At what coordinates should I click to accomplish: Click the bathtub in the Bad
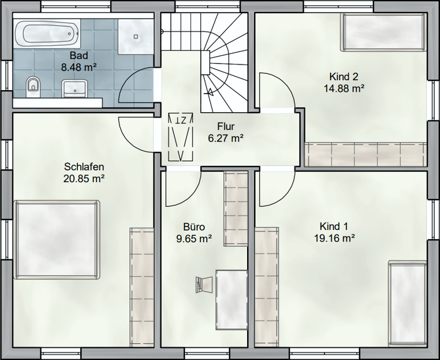tap(47, 34)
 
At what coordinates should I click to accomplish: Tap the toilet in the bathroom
tap(33, 87)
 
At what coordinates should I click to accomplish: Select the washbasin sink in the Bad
tap(74, 88)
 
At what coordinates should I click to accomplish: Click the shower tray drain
tap(136, 36)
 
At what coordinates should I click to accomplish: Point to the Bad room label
tap(79, 55)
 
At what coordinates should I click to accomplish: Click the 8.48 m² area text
tap(79, 68)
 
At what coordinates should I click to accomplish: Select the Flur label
tap(226, 127)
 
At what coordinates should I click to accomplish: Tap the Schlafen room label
tap(84, 166)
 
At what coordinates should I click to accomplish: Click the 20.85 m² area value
tap(84, 179)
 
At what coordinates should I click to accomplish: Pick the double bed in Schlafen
tap(57, 240)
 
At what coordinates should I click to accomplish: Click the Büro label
tap(194, 227)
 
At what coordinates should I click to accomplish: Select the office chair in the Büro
tap(204, 284)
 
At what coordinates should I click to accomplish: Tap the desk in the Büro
tap(232, 300)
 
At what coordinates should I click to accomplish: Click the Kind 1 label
tap(334, 226)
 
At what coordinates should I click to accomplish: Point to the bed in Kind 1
tap(408, 303)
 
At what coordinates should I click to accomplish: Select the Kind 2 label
tap(344, 76)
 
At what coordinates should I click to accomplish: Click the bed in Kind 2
tap(384, 32)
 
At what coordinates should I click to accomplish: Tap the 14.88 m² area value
tap(344, 88)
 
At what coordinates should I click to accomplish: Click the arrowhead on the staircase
tap(210, 91)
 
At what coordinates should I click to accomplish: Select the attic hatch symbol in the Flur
tap(181, 138)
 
